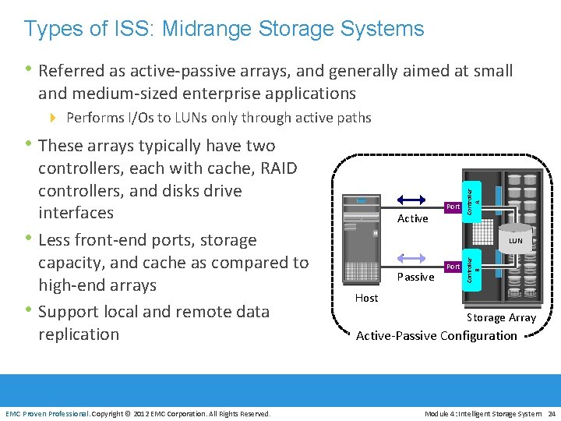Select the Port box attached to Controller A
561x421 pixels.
452,207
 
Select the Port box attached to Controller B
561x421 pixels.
452,266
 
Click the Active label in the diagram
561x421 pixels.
412,218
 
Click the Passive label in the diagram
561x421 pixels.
415,277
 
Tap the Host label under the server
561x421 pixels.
366,298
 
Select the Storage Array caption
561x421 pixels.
501,317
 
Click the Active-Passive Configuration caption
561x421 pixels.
436,336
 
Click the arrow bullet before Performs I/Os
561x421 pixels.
54,118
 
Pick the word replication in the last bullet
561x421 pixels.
79,334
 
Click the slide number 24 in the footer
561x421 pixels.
551,413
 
